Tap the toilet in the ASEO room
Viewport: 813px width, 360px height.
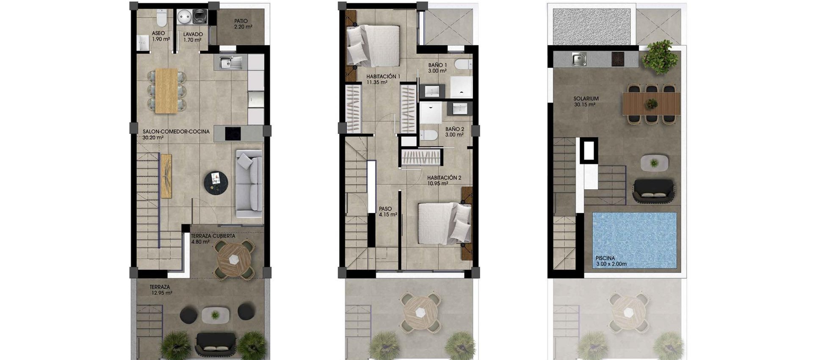pos(161,19)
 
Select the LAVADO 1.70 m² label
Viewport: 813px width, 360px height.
pos(193,37)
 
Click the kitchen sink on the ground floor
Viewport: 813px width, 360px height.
pos(231,63)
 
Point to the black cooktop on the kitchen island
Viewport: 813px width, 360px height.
pos(232,133)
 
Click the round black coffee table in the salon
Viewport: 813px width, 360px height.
pos(216,182)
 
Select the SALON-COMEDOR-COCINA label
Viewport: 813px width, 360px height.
pos(176,134)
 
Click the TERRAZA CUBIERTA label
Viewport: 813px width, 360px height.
pos(213,239)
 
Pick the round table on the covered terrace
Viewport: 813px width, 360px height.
pos(234,259)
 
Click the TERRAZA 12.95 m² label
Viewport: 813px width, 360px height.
pos(160,290)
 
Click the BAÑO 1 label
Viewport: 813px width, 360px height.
pos(437,68)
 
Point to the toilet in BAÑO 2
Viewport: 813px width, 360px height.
pos(429,135)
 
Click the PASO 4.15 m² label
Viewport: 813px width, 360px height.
pos(387,212)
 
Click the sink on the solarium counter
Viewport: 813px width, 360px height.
pos(579,59)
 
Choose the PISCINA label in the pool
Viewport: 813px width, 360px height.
pos(611,261)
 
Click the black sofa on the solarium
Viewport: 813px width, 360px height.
pos(653,190)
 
